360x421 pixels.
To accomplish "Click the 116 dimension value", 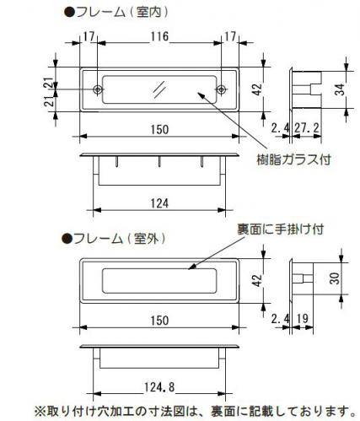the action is (159, 36).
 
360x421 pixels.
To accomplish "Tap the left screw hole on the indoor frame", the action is (98, 89).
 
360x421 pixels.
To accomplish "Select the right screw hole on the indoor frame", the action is (221, 89).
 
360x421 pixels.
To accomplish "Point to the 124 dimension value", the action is (159, 203).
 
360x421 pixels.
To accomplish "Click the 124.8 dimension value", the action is (159, 387).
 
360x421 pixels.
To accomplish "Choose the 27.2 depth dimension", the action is (307, 128).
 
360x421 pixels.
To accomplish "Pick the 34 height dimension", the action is (340, 89).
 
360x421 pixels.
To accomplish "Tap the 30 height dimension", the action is (336, 278).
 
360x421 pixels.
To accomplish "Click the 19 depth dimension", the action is (303, 319).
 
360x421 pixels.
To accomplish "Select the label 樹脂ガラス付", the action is (294, 159).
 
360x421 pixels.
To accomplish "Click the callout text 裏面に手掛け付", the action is (280, 229).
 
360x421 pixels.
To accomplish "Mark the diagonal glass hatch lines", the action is (159, 89).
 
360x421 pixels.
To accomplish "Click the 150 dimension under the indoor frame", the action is (159, 130).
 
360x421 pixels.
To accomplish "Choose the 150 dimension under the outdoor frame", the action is (159, 321).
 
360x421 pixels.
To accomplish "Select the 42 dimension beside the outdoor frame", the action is (257, 280).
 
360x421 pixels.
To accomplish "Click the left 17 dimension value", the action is (89, 36).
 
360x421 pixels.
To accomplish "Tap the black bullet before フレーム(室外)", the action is (67, 239).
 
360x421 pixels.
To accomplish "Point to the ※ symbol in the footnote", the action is (40, 412).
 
